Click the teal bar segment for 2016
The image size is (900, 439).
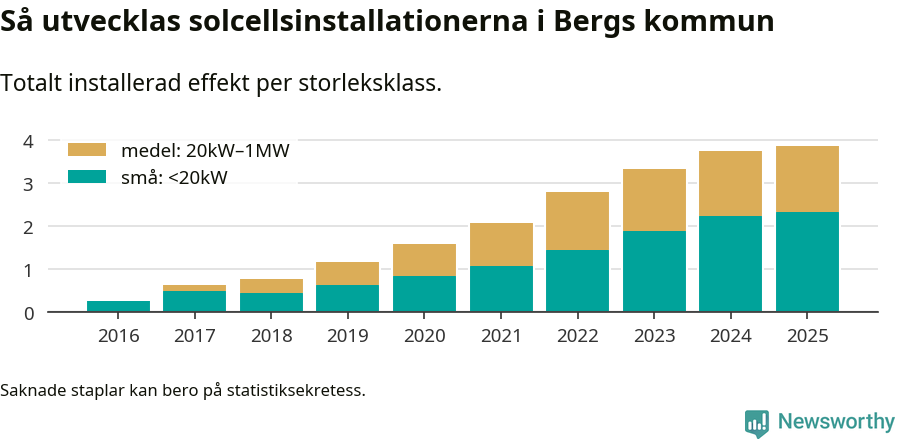118,306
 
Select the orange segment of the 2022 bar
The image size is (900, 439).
577,221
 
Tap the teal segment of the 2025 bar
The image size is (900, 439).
807,262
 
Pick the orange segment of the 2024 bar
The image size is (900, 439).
730,183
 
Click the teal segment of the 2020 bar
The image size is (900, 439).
424,294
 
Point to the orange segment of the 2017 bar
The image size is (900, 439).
194,288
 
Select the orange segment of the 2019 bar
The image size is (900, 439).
347,273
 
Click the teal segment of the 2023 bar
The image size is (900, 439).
654,271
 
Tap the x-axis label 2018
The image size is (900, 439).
271,336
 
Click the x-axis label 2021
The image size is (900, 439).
501,336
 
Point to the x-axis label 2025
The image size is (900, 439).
807,336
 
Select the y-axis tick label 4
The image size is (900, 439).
29,141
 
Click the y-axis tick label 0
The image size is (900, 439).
29,313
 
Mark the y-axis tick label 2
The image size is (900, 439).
29,227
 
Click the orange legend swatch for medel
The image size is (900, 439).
86,150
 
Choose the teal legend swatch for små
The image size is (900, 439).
86,177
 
